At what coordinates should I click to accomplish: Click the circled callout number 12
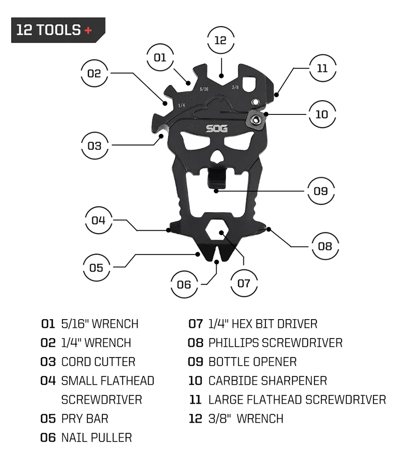tap(221, 40)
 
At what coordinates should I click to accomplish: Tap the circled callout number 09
tap(321, 191)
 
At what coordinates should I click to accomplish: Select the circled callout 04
tap(98, 221)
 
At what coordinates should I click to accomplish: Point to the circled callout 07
tap(244, 283)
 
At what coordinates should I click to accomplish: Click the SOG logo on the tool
tap(217, 128)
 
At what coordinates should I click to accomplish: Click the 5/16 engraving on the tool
tap(204, 89)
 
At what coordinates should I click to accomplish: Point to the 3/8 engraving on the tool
tap(235, 87)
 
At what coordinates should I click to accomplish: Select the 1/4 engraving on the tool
tap(181, 105)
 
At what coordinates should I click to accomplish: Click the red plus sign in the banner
tap(88, 30)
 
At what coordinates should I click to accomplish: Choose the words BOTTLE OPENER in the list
tap(253, 362)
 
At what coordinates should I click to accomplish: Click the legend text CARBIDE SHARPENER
tap(268, 381)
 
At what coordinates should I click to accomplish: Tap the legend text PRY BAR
tap(85, 419)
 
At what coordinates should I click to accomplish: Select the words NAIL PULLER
tap(97, 438)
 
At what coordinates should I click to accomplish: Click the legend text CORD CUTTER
tap(98, 362)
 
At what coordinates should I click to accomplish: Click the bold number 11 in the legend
tap(196, 400)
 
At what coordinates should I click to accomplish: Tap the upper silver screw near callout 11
tap(255, 102)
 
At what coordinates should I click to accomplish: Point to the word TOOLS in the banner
tap(58, 30)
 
